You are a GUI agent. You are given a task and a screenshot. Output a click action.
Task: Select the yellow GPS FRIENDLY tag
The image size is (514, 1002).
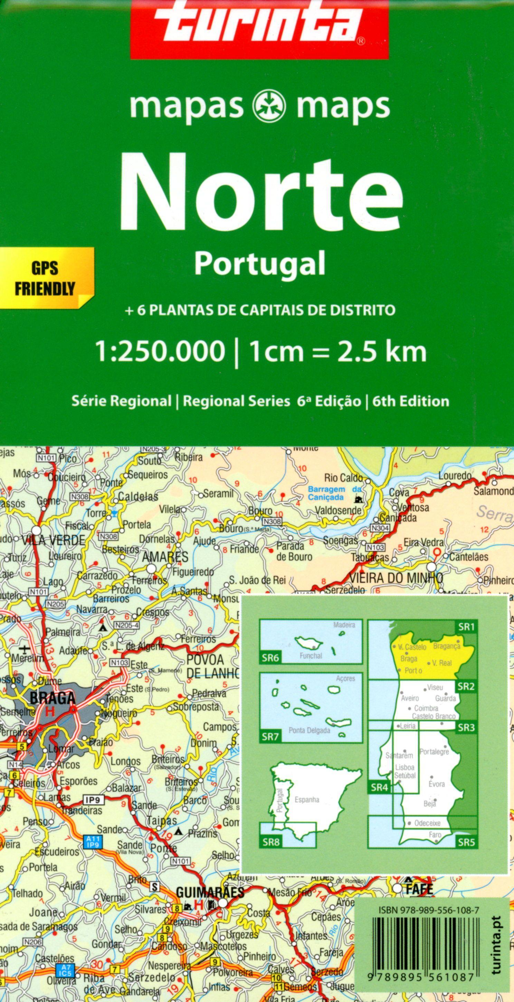(45, 278)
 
